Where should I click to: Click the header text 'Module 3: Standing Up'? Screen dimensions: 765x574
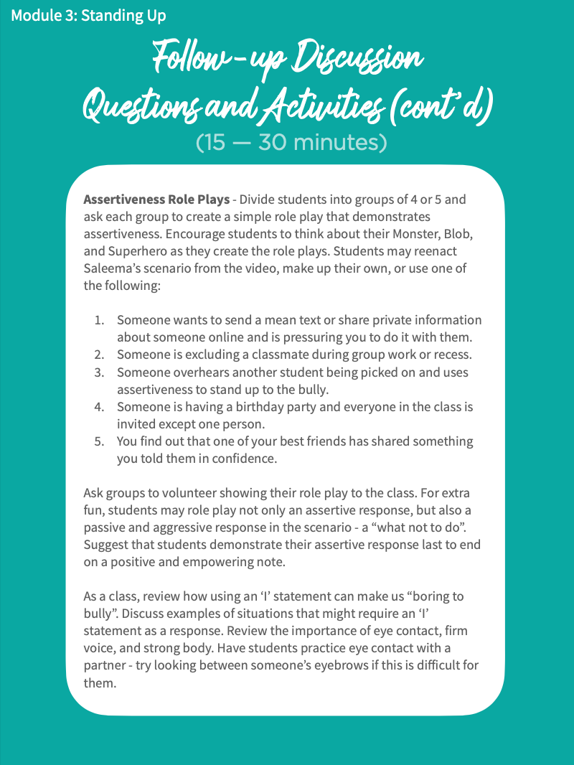click(x=88, y=15)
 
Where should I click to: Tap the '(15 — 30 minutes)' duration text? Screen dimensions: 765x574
click(x=291, y=142)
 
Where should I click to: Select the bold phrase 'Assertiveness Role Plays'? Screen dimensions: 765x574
click(x=156, y=199)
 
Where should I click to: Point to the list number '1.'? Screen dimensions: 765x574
click(x=100, y=320)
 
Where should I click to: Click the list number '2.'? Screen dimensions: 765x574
click(x=100, y=355)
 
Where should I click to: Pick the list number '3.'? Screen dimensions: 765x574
click(x=100, y=372)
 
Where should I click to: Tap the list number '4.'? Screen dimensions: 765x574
click(x=100, y=406)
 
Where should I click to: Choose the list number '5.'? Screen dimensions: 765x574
click(x=100, y=441)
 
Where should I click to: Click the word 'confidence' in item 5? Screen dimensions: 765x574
click(x=243, y=458)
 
